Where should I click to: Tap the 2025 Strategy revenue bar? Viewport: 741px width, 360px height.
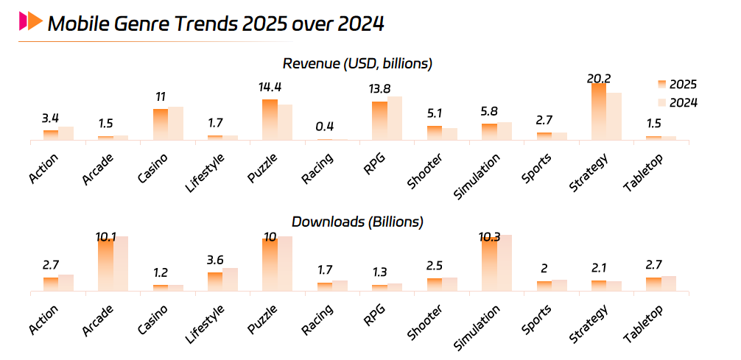(599, 110)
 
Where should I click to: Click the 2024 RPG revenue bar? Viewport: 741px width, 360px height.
(395, 118)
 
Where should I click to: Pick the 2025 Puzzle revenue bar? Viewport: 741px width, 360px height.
(270, 119)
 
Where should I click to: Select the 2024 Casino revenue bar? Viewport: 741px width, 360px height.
(176, 123)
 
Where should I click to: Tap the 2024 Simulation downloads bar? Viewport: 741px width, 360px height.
(504, 263)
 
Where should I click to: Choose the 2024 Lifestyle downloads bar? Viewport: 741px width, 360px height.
(231, 280)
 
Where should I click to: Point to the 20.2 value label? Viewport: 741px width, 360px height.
(599, 78)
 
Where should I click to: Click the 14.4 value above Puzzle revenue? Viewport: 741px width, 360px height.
(270, 88)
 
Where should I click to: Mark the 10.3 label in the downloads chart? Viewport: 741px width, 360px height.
(489, 237)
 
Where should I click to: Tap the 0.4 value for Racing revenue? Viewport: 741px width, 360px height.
(324, 127)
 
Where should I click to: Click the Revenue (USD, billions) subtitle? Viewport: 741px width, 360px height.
(357, 63)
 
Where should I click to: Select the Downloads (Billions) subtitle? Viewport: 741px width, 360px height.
(357, 221)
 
